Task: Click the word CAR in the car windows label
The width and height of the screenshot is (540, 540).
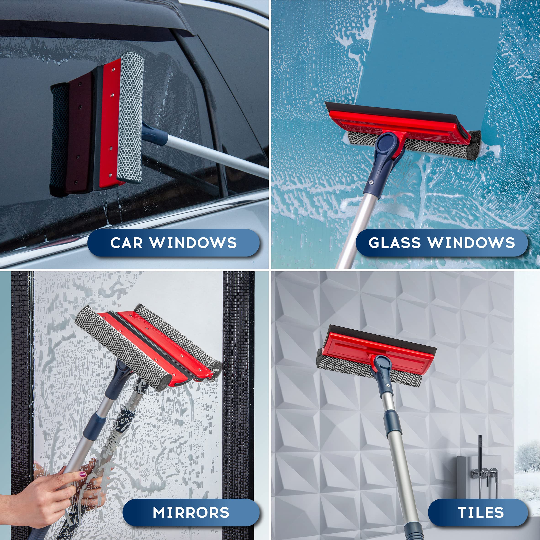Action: point(126,243)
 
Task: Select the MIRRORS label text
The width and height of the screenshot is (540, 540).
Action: point(191,513)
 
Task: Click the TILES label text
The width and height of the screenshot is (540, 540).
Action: point(481,513)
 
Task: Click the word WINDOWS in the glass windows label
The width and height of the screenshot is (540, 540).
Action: point(471,243)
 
